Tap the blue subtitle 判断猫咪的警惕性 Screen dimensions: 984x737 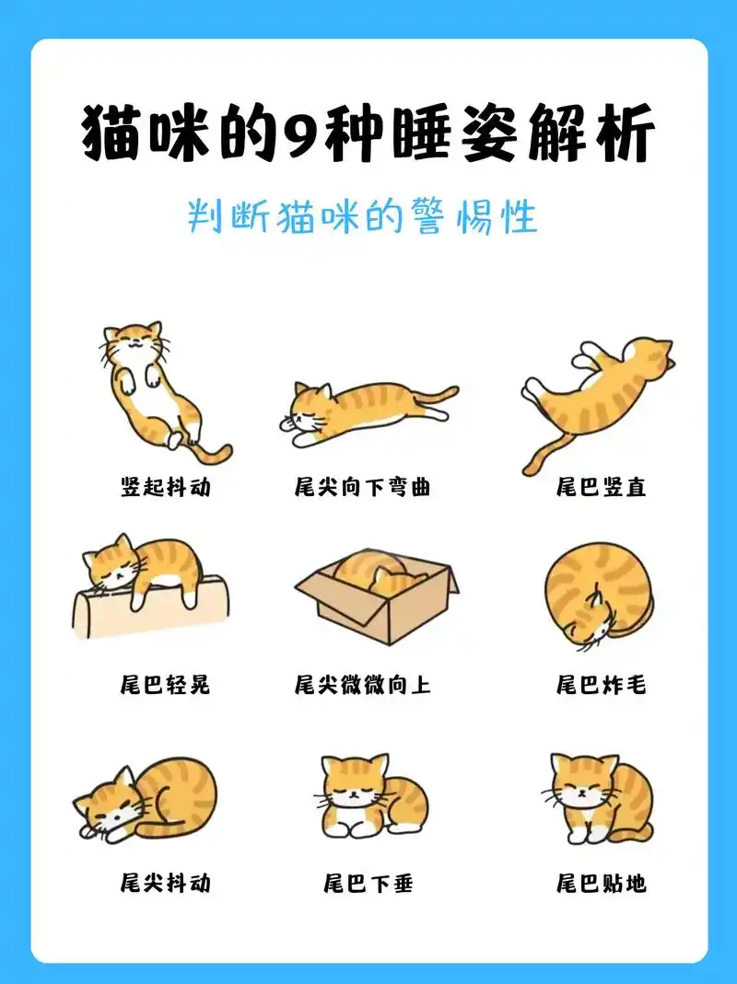[x=361, y=217]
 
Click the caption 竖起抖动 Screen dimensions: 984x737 [x=166, y=487]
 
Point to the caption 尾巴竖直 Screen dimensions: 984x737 [x=601, y=487]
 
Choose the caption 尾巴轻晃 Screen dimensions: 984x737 [x=166, y=685]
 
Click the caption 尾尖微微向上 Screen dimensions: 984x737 [x=363, y=685]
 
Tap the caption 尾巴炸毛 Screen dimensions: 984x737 [x=601, y=685]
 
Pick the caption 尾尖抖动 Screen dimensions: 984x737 [x=166, y=884]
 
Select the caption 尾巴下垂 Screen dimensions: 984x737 [x=368, y=884]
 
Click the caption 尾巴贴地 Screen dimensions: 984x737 [x=601, y=884]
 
